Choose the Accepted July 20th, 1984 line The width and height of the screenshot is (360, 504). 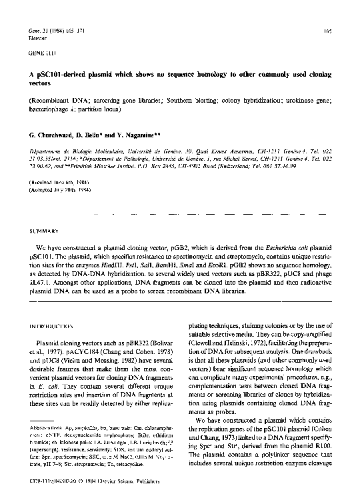point(57,189)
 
